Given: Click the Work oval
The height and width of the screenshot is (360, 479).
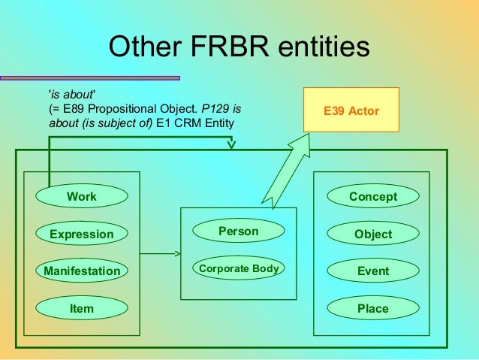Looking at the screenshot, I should point(82,197).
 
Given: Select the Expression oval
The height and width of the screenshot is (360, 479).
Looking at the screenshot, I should point(82,234).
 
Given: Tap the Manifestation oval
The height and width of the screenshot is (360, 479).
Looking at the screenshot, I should point(82,271).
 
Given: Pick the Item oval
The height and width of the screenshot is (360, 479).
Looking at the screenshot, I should point(82,308).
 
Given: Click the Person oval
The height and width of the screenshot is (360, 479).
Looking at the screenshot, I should point(238,231).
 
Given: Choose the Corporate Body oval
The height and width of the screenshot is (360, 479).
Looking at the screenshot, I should point(238,268).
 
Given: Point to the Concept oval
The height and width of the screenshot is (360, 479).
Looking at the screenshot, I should point(373,197).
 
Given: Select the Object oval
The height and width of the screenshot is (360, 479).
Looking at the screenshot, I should point(373,234).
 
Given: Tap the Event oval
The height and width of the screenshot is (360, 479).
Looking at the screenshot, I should point(373,271).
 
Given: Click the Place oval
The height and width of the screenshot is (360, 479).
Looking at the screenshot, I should point(373,308).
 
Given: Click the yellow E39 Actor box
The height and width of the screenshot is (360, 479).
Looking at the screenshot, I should point(351,111).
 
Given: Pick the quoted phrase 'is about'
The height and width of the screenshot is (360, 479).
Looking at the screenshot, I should point(72,95).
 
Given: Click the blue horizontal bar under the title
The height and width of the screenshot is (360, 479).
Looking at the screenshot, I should point(90,77).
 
